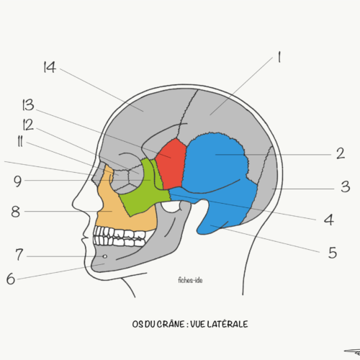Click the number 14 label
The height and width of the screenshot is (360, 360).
50,67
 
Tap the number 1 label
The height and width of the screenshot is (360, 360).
279,57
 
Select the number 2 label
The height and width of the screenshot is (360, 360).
341,153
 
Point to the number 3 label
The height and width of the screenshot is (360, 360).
345,186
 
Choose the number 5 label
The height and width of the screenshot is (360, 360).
333,253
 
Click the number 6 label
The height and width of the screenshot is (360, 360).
11,279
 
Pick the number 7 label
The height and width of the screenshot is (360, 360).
19,254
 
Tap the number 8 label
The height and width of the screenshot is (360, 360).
16,212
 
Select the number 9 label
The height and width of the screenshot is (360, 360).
17,181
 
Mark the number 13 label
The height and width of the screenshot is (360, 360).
28,105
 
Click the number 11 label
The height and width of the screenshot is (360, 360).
20,142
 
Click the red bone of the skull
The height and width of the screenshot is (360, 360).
171,163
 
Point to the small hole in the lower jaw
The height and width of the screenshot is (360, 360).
105,256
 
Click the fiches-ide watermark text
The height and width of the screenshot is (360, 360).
190,280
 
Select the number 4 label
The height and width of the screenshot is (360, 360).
329,220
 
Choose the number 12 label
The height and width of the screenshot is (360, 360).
28,125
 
